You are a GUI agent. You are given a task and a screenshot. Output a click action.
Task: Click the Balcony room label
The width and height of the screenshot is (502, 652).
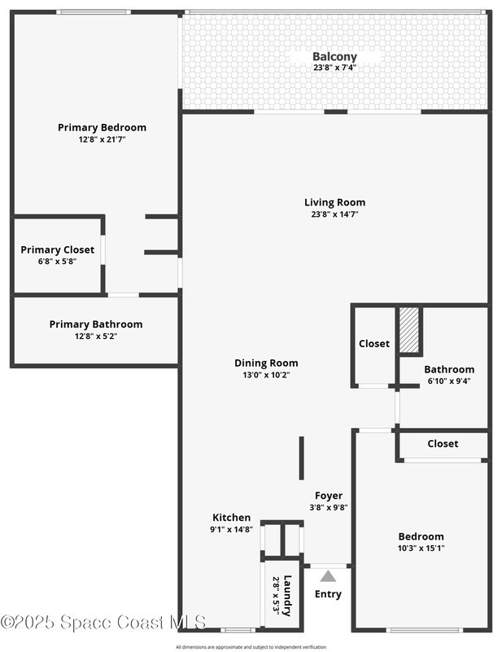pos(334,56)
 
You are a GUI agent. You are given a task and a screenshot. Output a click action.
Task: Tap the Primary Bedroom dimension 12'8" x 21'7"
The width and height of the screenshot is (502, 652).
pos(103,139)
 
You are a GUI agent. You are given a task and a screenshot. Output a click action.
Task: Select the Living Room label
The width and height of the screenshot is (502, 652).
pos(334,202)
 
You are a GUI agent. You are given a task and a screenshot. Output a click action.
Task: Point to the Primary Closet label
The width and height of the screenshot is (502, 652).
pos(57,250)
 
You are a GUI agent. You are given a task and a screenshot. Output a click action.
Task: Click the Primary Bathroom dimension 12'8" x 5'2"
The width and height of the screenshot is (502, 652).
pos(96,336)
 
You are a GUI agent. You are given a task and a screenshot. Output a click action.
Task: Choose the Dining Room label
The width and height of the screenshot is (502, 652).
pos(266,363)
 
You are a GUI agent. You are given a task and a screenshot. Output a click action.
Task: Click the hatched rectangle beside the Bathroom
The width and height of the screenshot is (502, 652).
pos(409,330)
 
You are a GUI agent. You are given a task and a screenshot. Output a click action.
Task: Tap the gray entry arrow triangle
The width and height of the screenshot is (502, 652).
pos(328,576)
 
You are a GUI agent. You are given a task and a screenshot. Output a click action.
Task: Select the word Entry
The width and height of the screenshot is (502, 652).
pos(328,594)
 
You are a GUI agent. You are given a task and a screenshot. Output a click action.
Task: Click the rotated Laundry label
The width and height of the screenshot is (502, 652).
pos(287,596)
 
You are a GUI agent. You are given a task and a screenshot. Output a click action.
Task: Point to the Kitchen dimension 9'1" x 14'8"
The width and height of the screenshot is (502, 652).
pos(231,529)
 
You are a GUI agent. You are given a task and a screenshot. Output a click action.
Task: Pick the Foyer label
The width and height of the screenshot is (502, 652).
pos(329,496)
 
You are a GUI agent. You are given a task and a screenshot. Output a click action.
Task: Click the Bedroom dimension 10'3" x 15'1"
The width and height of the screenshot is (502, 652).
pos(421,548)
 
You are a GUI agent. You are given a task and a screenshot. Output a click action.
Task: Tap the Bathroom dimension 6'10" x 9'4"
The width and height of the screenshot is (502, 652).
pos(449,381)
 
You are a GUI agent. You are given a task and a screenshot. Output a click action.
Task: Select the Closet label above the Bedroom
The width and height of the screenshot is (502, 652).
pos(443,443)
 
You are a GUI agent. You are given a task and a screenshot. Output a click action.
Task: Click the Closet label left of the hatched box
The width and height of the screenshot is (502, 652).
pos(374,343)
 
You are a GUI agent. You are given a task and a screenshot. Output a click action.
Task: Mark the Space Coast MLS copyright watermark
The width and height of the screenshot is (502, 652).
pos(103,622)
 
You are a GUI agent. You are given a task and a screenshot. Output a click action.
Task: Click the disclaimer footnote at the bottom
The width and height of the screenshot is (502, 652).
pos(251,647)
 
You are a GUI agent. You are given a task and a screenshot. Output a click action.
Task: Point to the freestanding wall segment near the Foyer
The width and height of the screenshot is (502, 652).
pos(302,458)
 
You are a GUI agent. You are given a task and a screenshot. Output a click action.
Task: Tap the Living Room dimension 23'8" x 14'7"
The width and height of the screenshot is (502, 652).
pos(334,214)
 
